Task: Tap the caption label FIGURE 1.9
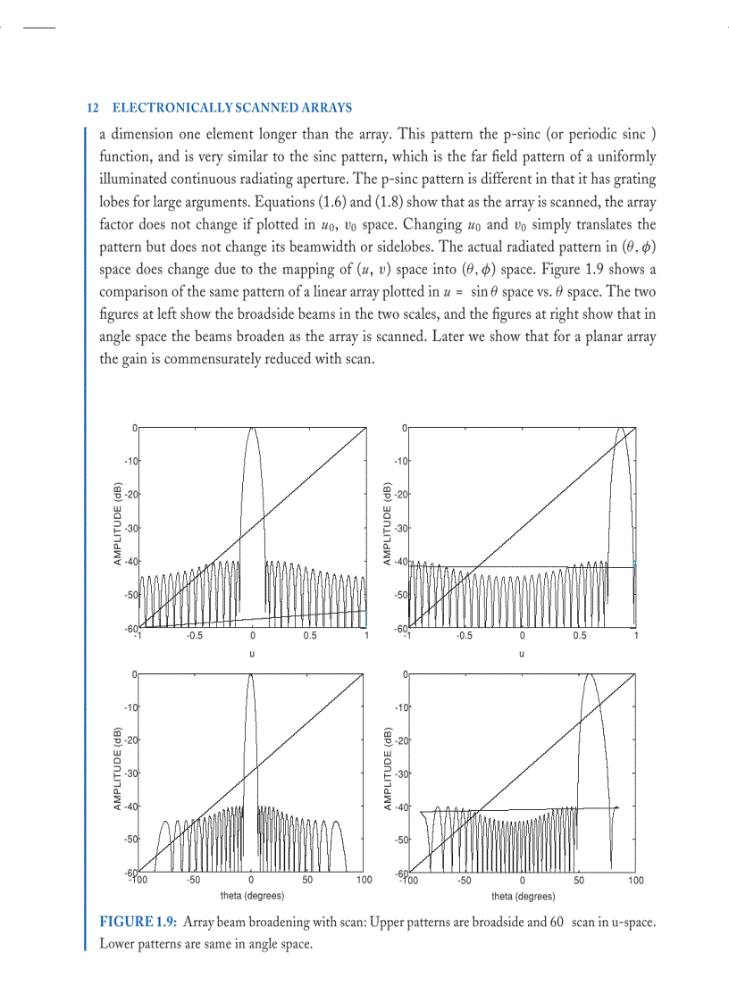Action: point(138,922)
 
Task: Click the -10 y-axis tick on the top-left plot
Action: point(130,461)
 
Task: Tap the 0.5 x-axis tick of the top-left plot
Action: point(309,637)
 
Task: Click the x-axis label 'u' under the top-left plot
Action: point(252,653)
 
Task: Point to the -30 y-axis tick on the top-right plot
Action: point(401,528)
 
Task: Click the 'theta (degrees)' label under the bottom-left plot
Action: point(252,896)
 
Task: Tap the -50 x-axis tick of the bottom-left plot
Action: point(194,880)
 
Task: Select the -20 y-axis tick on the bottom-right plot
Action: point(401,740)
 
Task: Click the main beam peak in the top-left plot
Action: point(252,430)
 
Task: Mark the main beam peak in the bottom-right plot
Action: point(589,675)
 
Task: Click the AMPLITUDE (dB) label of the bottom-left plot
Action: point(118,770)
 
